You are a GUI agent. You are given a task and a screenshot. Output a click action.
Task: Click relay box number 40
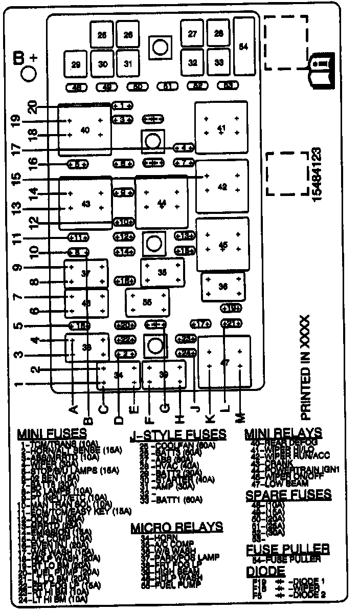click(85, 130)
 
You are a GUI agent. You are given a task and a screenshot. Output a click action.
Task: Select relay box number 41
click(221, 127)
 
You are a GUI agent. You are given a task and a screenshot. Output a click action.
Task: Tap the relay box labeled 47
click(224, 362)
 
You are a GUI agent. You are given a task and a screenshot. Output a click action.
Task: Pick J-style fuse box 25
click(102, 35)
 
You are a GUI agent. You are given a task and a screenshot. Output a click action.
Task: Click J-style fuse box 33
click(219, 62)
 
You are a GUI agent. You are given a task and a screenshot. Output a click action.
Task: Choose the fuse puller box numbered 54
click(243, 47)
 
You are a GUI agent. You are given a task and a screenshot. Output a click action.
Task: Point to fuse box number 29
click(76, 64)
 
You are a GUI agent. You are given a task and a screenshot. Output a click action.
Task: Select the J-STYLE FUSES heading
click(178, 434)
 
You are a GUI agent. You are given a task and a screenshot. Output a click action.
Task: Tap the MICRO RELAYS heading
click(177, 527)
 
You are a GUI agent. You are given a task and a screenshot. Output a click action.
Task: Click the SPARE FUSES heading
click(288, 495)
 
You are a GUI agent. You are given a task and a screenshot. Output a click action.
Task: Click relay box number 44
click(162, 204)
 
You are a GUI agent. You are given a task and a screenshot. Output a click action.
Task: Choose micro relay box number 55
click(147, 302)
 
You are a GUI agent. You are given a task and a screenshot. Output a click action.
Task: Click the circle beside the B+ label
click(29, 73)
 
